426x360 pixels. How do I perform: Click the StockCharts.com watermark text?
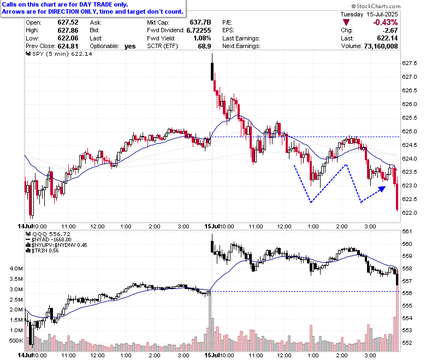click(376, 6)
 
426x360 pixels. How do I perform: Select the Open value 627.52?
click(68, 22)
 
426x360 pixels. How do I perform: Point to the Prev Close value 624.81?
click(68, 46)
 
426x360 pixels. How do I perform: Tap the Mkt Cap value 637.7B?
click(200, 22)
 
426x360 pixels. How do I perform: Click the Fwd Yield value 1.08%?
click(202, 38)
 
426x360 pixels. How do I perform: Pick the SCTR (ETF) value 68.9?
click(205, 46)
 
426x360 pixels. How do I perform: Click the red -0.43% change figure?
click(385, 22)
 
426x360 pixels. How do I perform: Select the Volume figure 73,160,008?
click(381, 46)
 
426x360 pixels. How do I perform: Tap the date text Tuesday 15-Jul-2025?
click(369, 14)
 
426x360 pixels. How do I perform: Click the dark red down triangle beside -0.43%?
click(346, 22)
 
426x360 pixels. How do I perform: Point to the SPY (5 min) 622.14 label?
click(58, 54)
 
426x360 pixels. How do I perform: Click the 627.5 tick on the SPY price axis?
click(409, 63)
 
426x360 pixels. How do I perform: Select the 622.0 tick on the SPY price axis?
click(409, 213)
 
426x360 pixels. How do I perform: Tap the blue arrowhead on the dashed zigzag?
click(382, 188)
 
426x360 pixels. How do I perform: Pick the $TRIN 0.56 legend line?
click(42, 251)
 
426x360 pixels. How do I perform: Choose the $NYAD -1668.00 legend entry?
click(49, 240)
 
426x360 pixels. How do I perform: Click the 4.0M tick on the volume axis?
click(16, 269)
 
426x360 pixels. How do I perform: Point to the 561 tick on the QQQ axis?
click(407, 232)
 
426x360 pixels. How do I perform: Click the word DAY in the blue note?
click(85, 4)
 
